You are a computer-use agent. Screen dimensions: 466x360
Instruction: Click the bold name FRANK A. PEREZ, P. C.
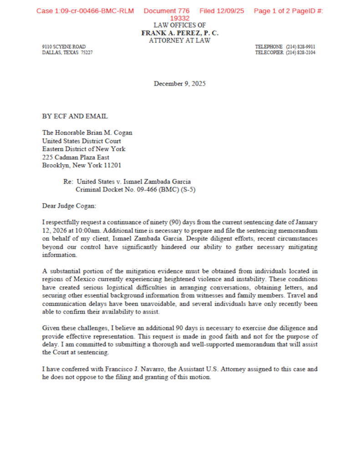click(180, 33)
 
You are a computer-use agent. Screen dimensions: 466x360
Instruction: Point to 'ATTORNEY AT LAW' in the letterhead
click(180, 41)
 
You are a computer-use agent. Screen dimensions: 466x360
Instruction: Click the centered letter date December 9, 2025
click(180, 83)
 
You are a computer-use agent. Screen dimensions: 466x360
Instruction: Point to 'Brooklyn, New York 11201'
click(81, 166)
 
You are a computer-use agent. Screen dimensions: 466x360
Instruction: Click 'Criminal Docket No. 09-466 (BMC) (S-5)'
click(136, 190)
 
